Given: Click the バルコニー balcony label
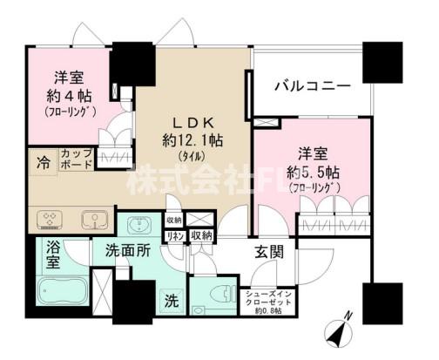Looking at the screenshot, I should click(x=312, y=86).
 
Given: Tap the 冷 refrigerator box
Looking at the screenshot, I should click(x=43, y=162).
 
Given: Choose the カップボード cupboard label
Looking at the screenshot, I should click(x=78, y=160).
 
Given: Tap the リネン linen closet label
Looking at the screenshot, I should click(x=174, y=235).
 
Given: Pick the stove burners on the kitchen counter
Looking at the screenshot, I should click(x=46, y=218).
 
